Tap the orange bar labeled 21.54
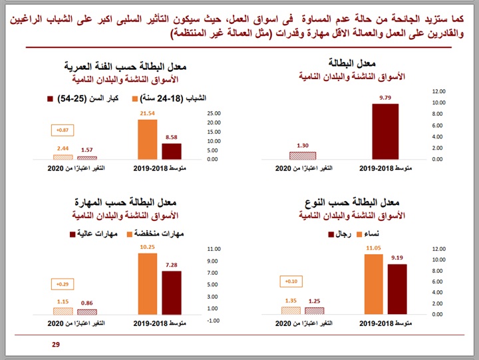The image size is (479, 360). tap(147, 139)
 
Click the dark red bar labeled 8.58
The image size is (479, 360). tap(171, 151)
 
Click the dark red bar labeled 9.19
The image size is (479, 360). tap(397, 289)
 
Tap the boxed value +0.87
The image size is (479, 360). tap(62, 130)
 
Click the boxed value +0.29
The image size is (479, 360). tap(62, 285)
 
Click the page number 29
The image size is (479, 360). tap(56, 345)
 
